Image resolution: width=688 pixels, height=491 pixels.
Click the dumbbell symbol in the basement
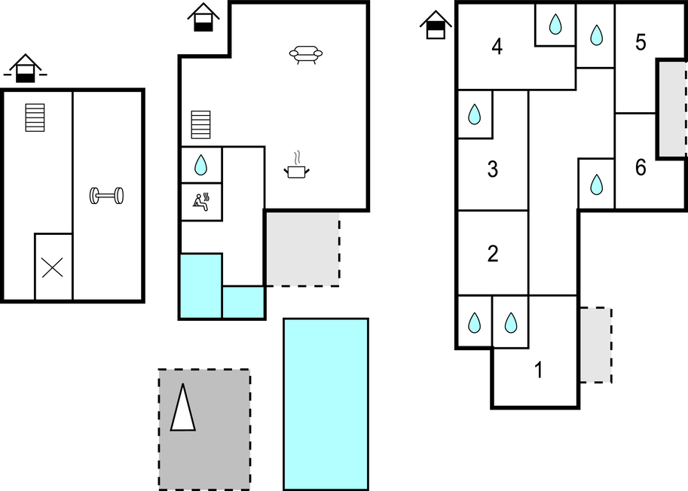[107, 196]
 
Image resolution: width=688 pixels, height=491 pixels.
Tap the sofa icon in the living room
[306, 54]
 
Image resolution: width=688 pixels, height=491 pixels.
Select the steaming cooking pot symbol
[298, 168]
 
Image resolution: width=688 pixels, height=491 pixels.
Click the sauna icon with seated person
[201, 201]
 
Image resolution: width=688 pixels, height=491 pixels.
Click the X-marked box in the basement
[53, 267]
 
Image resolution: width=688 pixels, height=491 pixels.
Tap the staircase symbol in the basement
[35, 117]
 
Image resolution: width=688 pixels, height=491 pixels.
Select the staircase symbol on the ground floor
[200, 125]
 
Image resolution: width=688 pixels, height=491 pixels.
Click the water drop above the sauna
[201, 164]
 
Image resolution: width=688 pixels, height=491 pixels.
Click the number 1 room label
[538, 371]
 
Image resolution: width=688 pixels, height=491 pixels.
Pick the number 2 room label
[493, 253]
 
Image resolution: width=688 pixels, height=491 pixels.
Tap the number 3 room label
[493, 169]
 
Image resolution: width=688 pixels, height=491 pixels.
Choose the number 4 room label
[497, 47]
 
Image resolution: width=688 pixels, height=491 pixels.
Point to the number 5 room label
[641, 42]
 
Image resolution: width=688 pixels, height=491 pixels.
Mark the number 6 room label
[641, 167]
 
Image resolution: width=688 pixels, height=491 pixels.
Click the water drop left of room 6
[596, 184]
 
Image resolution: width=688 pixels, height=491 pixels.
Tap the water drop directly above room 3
[475, 114]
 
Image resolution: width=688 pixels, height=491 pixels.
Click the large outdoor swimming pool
[326, 404]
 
